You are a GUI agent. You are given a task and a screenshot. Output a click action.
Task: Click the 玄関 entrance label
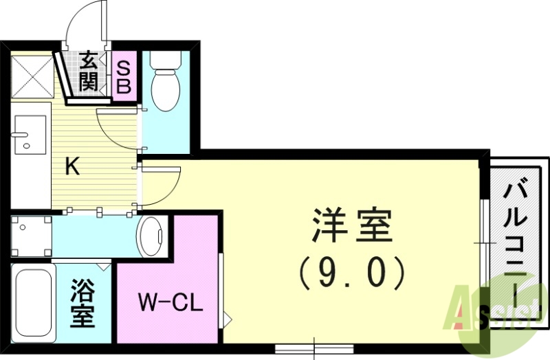87,71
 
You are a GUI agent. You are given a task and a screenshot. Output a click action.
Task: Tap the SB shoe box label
124,77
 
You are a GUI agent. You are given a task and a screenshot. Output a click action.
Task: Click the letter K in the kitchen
72,167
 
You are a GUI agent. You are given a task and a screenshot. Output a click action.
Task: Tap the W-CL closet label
170,302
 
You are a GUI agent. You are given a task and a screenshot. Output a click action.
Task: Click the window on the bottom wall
314,347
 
